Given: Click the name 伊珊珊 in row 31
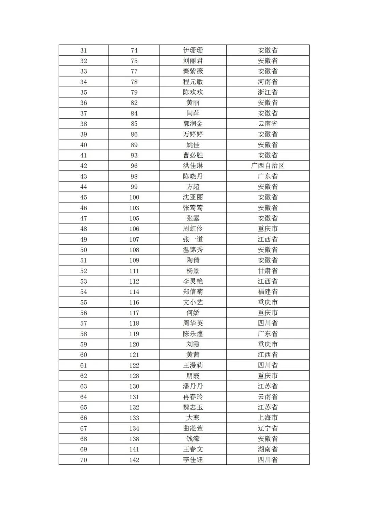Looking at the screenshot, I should tap(193, 50).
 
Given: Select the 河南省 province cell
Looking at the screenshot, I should tap(267, 82).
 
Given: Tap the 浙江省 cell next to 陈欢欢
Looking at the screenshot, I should tap(267, 92).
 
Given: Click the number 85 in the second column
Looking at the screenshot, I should tap(134, 124).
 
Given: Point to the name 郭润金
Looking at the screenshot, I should tap(193, 124).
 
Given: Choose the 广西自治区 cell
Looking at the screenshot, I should tap(267, 166).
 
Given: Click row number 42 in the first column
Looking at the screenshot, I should tap(83, 166).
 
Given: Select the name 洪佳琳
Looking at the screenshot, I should tap(193, 166).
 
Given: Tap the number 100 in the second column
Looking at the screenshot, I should tap(134, 198).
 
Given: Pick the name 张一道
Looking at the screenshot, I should tap(193, 239).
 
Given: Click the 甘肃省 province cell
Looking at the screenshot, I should tap(267, 271).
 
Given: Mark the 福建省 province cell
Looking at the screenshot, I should tap(267, 292).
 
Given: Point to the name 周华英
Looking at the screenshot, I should tap(193, 323).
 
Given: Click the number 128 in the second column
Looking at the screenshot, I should tap(134, 376).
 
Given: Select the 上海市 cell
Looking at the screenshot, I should tap(267, 418).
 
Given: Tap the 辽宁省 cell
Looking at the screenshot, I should tap(267, 428).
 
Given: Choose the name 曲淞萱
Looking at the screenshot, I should tap(193, 428).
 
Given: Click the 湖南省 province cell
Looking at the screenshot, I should tap(267, 449).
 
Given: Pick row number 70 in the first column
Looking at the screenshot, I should tap(83, 460).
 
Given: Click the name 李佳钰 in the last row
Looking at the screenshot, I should tap(193, 460).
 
